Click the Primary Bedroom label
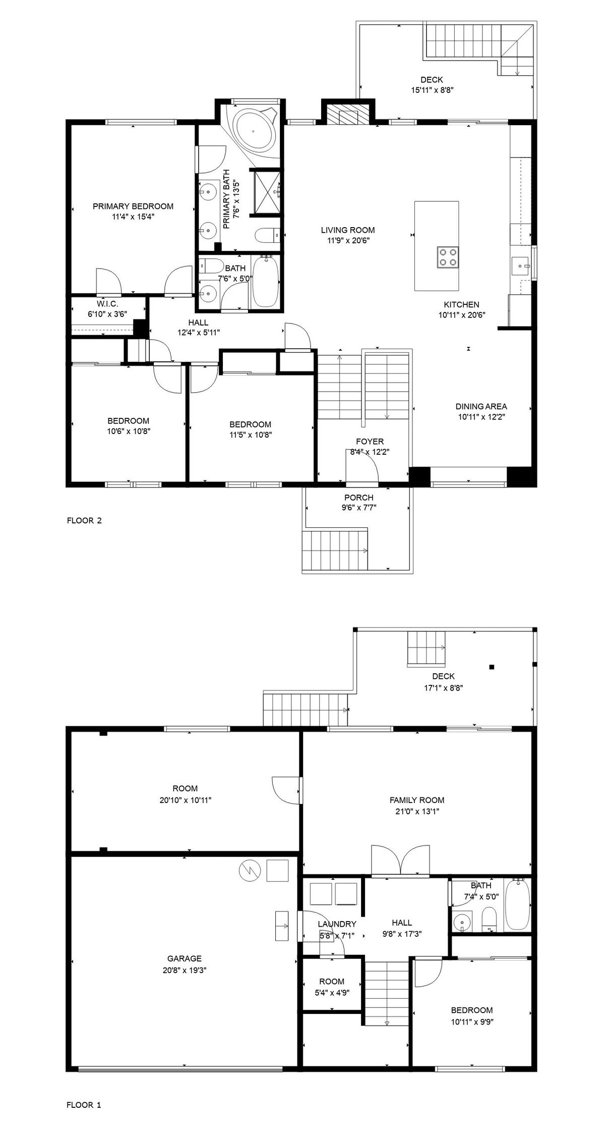pyautogui.click(x=133, y=206)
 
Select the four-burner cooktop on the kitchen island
pyautogui.click(x=447, y=256)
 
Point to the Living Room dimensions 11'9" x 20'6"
pyautogui.click(x=348, y=241)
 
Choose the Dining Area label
pyautogui.click(x=481, y=406)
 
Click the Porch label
pyautogui.click(x=359, y=497)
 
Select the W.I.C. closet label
pyautogui.click(x=107, y=303)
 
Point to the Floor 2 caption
pyautogui.click(x=84, y=520)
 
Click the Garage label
pyautogui.click(x=185, y=958)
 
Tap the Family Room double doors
pyautogui.click(x=401, y=859)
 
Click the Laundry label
pyautogui.click(x=337, y=924)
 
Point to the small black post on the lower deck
pyautogui.click(x=492, y=667)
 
